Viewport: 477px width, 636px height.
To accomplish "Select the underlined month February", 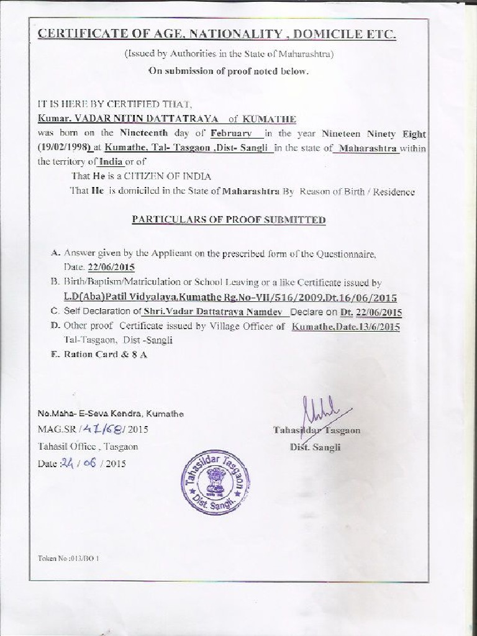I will [231, 133].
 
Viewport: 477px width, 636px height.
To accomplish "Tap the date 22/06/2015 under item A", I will [111, 267].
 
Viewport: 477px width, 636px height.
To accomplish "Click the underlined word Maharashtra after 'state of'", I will [366, 148].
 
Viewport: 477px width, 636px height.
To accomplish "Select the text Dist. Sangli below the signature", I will [315, 447].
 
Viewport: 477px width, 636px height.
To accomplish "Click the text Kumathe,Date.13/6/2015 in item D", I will [346, 327].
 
